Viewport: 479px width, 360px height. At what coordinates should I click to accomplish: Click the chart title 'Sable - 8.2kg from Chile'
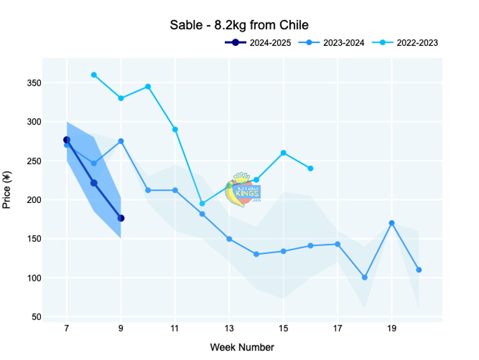click(x=239, y=26)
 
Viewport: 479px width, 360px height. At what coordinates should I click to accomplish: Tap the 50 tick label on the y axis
click(x=36, y=317)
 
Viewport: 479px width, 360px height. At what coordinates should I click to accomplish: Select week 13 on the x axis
click(x=229, y=328)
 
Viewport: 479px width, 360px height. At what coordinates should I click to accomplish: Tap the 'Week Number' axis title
click(x=242, y=348)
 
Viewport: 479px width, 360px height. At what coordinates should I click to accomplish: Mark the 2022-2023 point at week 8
click(x=94, y=75)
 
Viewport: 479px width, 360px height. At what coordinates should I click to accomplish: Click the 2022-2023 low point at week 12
click(x=202, y=204)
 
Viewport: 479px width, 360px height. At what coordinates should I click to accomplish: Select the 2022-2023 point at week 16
click(x=310, y=169)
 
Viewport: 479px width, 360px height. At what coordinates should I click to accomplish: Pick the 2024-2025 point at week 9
click(x=121, y=218)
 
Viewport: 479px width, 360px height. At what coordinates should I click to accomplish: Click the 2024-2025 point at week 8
click(x=94, y=183)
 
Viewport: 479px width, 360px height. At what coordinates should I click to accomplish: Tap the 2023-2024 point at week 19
click(x=392, y=223)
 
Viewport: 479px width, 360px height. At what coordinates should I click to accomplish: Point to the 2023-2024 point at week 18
click(x=365, y=278)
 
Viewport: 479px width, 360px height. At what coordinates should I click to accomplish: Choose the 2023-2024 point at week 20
click(x=418, y=270)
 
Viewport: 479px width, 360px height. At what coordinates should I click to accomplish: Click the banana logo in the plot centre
click(x=243, y=189)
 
